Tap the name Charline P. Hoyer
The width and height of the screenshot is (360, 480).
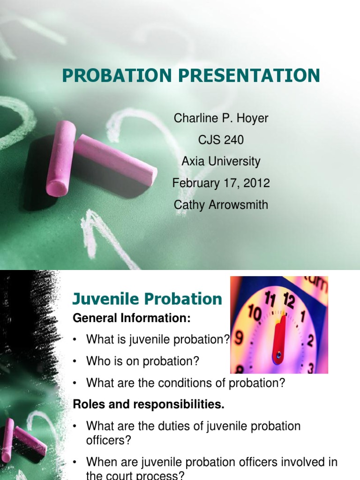(221, 119)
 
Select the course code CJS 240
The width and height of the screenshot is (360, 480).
(221, 140)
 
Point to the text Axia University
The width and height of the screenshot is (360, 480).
(221, 162)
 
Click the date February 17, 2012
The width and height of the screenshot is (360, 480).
(221, 183)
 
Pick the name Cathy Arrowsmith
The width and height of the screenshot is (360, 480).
(221, 205)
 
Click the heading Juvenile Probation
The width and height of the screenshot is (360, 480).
(147, 299)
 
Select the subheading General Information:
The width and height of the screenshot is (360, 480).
(132, 319)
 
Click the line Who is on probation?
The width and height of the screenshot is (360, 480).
(143, 361)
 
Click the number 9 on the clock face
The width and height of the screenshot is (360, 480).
(239, 337)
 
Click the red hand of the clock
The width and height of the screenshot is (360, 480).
(280, 337)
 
